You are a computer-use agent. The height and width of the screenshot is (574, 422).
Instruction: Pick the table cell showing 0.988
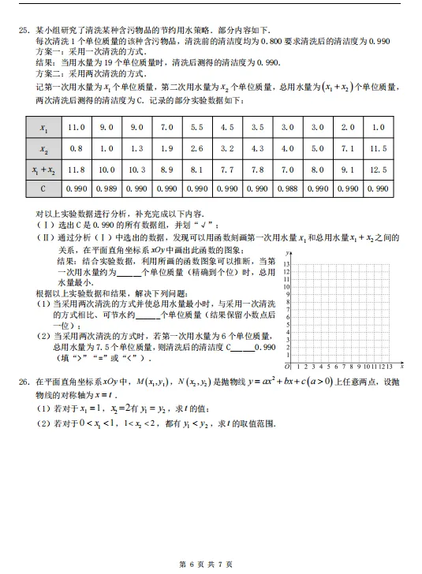click(x=287, y=188)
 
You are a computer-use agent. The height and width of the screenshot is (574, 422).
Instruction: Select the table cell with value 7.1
click(x=348, y=147)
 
